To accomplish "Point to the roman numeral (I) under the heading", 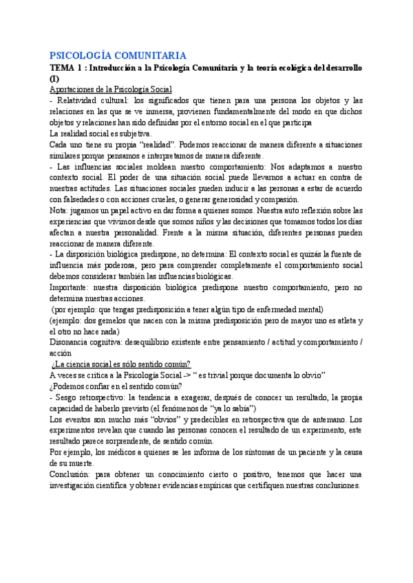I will [x=54, y=79].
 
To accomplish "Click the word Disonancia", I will [x=72, y=342].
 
